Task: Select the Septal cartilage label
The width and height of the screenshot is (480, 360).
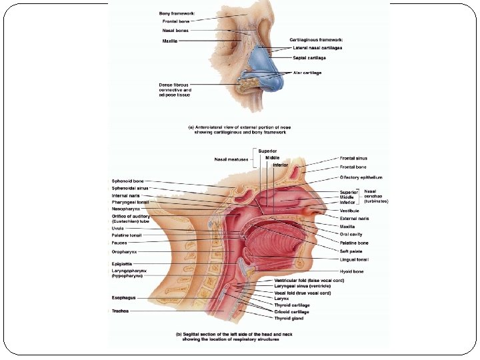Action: click(x=308, y=57)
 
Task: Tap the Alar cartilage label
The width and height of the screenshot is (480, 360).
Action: click(x=307, y=73)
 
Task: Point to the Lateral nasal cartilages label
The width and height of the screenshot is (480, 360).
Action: click(x=318, y=48)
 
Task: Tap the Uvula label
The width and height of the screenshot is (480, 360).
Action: click(x=117, y=228)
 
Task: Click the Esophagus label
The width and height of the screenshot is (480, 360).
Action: click(x=123, y=297)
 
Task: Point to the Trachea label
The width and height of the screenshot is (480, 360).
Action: click(x=120, y=311)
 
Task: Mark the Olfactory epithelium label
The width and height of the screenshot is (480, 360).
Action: click(x=360, y=177)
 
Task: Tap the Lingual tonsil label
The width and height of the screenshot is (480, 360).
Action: click(x=353, y=259)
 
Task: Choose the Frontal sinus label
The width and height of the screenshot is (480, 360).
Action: click(x=353, y=159)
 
